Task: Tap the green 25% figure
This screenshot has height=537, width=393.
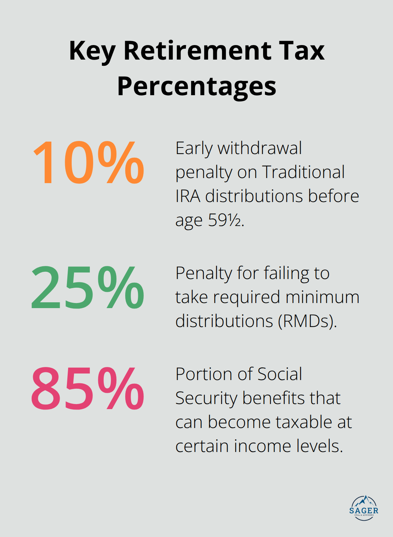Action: (88, 287)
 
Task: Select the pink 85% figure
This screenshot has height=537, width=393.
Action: (88, 388)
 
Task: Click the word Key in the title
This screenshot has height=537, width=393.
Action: (92, 51)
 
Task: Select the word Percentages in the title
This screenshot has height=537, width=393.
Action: (196, 86)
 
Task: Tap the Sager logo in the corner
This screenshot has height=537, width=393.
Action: (364, 508)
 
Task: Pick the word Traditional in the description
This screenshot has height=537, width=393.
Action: (303, 172)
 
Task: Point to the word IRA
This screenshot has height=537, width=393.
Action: (188, 196)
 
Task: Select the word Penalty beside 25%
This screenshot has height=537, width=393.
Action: (203, 274)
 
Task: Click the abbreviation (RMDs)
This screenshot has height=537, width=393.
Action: (307, 321)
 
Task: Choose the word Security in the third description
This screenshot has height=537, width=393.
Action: (206, 399)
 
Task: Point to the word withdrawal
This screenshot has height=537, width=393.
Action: (259, 148)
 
